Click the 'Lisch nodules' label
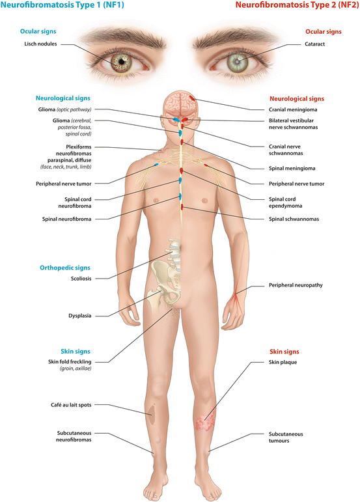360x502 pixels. tap(40, 44)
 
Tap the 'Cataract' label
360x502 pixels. tap(314, 44)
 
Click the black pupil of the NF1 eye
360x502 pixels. tap(122, 61)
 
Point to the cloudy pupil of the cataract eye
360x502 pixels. tap(237, 61)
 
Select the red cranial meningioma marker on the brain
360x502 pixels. tap(191, 98)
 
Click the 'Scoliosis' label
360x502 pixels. tap(81, 279)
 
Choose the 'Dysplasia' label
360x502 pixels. tap(79, 316)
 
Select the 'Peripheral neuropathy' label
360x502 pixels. tap(296, 285)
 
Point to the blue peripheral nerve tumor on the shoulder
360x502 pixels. tap(156, 165)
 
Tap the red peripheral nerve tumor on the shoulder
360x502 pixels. tap(206, 165)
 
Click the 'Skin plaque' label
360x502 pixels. tap(283, 362)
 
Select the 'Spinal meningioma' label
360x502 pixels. tap(292, 169)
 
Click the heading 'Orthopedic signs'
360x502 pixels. tap(65, 268)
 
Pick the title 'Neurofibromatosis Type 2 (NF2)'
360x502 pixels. tap(297, 5)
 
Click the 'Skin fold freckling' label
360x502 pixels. tap(70, 362)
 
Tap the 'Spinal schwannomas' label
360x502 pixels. tap(294, 219)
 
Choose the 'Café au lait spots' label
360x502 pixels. tap(71, 405)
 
